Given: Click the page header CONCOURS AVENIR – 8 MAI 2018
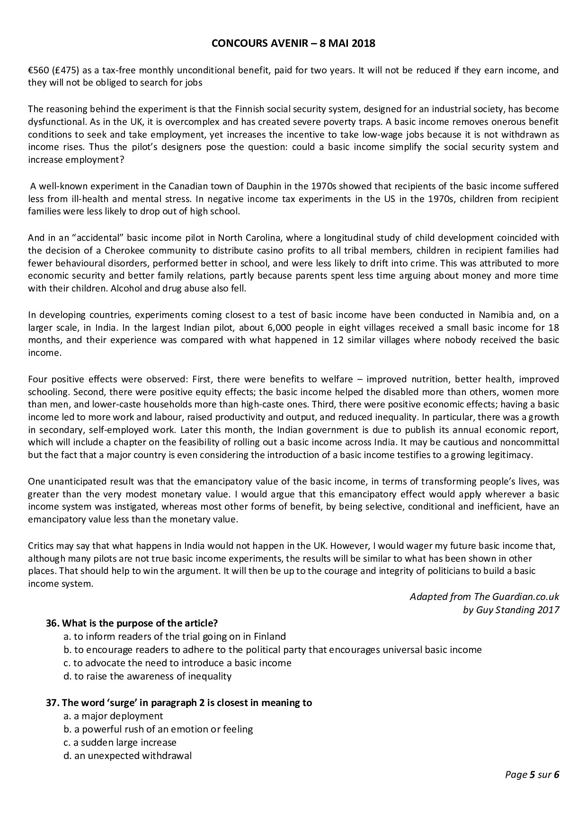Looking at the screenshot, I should coord(293,44).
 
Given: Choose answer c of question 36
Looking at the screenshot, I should coord(178,663).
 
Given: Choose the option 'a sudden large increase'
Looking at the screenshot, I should coord(120,742).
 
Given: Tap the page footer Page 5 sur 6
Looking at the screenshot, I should coord(532,775).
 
